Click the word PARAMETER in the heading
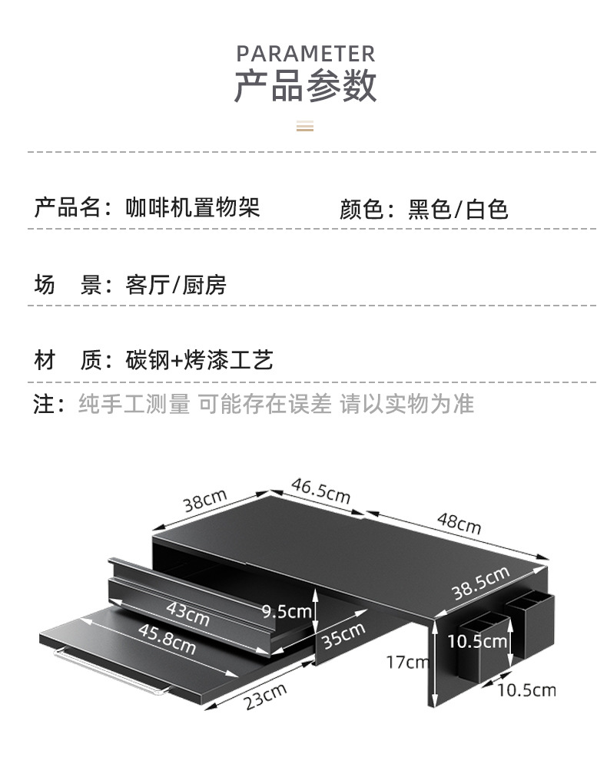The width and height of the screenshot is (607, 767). coord(305,54)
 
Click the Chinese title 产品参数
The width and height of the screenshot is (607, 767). coord(305,85)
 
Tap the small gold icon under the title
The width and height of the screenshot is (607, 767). coord(305,126)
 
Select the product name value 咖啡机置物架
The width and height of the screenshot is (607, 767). coord(193,208)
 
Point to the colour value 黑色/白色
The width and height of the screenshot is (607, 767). coord(458,210)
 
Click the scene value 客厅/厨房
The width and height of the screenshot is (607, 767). coord(176,286)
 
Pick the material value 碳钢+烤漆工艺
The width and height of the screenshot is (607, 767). coord(199,360)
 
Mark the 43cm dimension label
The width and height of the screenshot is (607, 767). coord(187,613)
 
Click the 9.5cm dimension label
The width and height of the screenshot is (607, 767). coord(286,611)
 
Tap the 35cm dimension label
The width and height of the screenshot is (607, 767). coord(343,636)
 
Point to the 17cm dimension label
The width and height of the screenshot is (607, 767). coord(407,661)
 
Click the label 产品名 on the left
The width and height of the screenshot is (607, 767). coord(68,208)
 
